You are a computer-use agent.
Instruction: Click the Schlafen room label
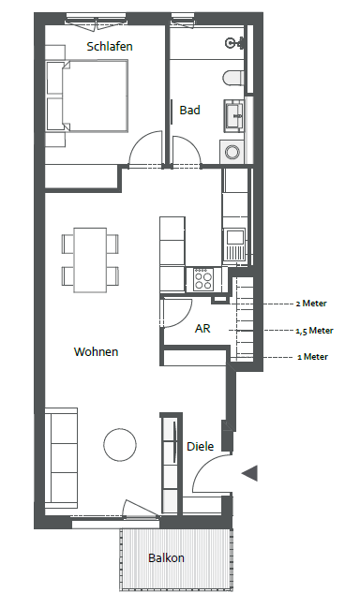point(110,47)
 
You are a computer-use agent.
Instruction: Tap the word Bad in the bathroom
point(189,111)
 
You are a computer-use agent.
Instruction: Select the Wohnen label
point(96,351)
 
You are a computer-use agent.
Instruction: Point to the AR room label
point(202,329)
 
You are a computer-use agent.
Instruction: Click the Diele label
point(201,446)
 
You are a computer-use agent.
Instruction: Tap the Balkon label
point(166,558)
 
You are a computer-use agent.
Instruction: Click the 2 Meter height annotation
point(311,304)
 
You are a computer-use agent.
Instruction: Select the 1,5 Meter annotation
point(314,331)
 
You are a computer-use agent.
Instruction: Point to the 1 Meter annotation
point(313,357)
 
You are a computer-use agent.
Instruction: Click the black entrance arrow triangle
point(250,473)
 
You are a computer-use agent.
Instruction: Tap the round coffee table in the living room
point(120,445)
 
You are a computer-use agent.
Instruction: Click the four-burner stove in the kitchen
point(203,279)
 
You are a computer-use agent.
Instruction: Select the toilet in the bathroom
point(232,78)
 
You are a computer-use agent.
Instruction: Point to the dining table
point(90,260)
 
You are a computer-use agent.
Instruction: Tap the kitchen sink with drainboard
point(234,245)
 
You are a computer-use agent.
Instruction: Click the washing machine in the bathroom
point(232,152)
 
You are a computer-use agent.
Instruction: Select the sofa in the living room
point(61,458)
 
